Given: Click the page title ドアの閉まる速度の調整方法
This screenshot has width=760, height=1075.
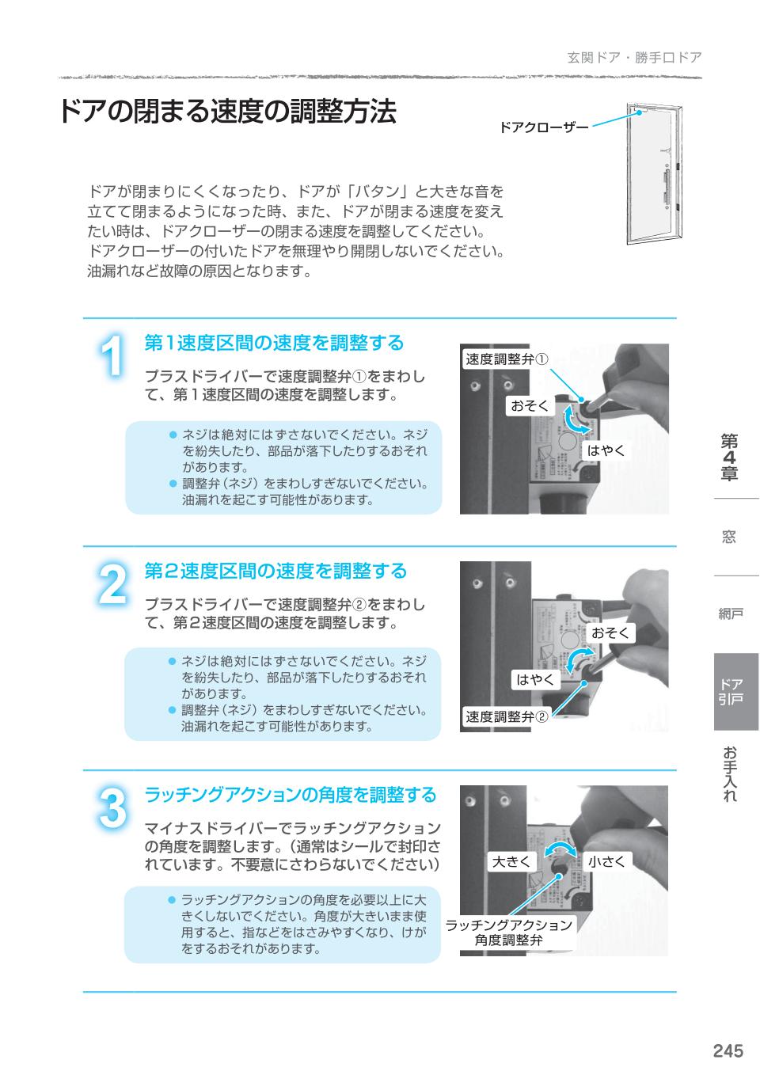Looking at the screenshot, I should (x=226, y=112).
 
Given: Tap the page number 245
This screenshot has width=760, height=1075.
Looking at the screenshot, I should (x=728, y=1050).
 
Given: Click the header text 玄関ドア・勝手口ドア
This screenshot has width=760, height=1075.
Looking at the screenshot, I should (x=634, y=58).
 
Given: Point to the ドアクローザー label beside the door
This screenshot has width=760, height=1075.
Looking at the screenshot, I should (x=543, y=127).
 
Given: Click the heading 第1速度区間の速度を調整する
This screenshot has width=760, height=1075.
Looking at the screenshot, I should (x=274, y=343).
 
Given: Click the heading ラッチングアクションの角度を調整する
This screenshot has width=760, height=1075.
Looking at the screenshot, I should (x=290, y=794).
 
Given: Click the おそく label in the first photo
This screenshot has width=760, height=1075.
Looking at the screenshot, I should (x=530, y=406).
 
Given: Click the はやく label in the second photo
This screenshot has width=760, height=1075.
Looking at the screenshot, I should (x=536, y=679).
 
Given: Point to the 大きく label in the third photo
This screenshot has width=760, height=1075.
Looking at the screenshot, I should (x=511, y=861).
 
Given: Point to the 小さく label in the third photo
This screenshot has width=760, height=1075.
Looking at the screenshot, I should (x=606, y=861).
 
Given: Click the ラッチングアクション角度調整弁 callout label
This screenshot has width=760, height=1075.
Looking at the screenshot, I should (x=508, y=933).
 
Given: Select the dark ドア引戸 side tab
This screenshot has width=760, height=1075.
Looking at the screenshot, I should (x=735, y=691).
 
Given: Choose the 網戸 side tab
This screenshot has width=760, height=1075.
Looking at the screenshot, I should (x=730, y=614).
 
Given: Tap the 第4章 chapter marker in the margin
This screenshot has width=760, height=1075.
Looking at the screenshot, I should (x=729, y=458).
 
